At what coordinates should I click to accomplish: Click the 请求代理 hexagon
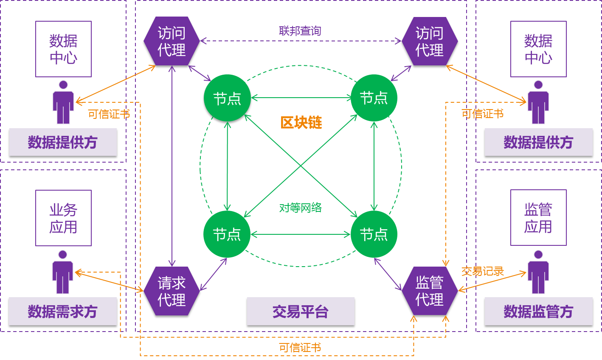coord(172,291)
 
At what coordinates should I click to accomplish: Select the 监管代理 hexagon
coord(430,291)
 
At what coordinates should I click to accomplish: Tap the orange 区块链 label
coord(301,123)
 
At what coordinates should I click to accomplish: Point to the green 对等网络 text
coord(300,208)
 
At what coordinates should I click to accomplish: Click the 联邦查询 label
coord(300,31)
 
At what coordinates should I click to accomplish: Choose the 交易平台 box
coord(301,312)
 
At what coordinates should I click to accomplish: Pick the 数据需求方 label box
coord(63,312)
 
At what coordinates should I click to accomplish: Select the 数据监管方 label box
coord(538,312)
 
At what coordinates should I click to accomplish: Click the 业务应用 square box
coord(63,218)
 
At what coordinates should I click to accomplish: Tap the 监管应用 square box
coord(538,218)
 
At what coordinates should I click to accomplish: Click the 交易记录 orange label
coord(482,271)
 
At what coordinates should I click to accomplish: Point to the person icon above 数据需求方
coord(63,272)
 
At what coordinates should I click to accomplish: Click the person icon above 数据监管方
coord(538,272)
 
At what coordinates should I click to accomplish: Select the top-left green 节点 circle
coord(227,98)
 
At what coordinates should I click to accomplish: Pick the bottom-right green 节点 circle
coord(374,234)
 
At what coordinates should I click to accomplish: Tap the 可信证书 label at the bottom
coord(300,348)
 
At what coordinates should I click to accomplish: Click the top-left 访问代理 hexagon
coord(172,41)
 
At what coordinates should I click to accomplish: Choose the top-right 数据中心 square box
coord(538,49)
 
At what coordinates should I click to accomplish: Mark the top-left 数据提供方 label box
coord(63,142)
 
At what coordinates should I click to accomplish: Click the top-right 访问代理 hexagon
coord(430,41)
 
